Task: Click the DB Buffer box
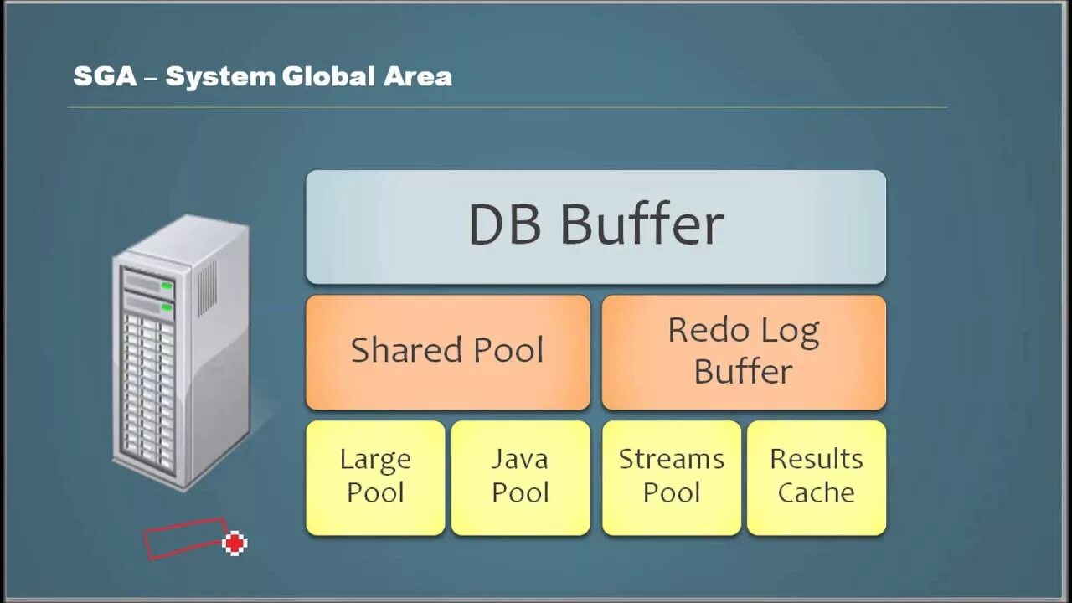point(595,227)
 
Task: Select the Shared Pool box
point(447,352)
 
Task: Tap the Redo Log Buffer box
point(743,352)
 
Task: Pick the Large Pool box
point(375,477)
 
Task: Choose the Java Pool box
point(520,477)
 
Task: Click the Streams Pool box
point(671,477)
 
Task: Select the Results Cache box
point(816,477)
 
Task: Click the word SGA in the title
point(104,77)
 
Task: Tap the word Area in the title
point(418,77)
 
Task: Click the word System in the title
point(220,77)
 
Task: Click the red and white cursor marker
point(235,544)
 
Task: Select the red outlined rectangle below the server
point(184,539)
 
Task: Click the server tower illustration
point(181,352)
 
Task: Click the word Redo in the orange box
point(701,331)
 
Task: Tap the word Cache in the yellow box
point(816,493)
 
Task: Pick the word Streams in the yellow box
point(671,460)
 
